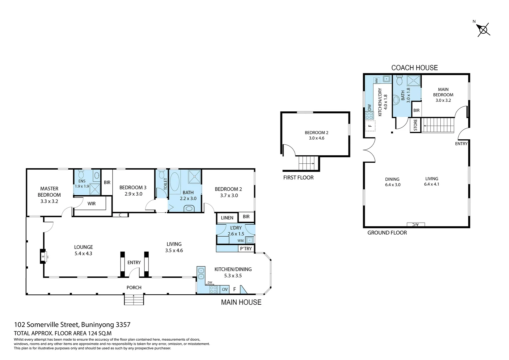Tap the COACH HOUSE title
(x=414, y=68)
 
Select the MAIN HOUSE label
(x=241, y=302)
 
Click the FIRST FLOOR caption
(x=298, y=178)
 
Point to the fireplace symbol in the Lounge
(x=43, y=256)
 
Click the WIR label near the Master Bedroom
(x=92, y=203)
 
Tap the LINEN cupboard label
(x=227, y=218)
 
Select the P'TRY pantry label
(x=246, y=249)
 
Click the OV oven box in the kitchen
(x=225, y=289)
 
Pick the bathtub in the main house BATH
(x=175, y=182)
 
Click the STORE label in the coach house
(x=415, y=125)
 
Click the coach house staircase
(x=439, y=125)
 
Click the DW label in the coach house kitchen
(x=369, y=107)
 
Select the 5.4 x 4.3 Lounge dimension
(x=83, y=253)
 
